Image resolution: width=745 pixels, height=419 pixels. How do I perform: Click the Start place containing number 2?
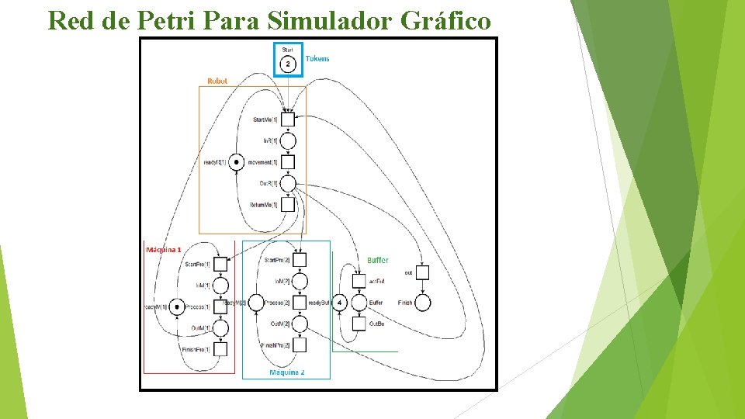tap(288, 63)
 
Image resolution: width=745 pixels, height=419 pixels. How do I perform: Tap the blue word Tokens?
tap(317, 58)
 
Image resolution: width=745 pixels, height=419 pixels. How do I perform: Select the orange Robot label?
tap(217, 81)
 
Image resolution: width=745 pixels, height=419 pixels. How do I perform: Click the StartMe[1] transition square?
tap(288, 119)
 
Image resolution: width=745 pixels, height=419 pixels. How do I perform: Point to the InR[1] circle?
tap(288, 140)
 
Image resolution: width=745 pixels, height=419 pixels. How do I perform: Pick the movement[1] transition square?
tap(288, 162)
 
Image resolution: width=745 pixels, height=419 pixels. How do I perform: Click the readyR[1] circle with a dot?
tap(235, 162)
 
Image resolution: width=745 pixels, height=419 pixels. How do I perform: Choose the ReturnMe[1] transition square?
tap(288, 205)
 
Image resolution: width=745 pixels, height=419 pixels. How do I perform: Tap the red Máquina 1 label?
tap(164, 250)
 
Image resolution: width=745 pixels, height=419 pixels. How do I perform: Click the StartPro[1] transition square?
tap(220, 264)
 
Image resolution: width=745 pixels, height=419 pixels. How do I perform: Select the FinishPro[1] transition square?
tap(220, 349)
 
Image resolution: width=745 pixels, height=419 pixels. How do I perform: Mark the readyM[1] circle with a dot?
tap(177, 306)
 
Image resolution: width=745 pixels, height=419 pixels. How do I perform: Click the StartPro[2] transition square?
tap(300, 260)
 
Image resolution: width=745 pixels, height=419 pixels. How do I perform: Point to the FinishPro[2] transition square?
tap(300, 345)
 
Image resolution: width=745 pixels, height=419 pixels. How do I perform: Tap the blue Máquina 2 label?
tap(286, 373)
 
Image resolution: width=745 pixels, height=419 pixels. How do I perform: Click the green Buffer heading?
tap(378, 260)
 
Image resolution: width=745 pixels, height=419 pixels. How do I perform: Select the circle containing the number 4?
tap(339, 303)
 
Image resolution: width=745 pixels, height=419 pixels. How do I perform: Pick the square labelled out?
tap(422, 272)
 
